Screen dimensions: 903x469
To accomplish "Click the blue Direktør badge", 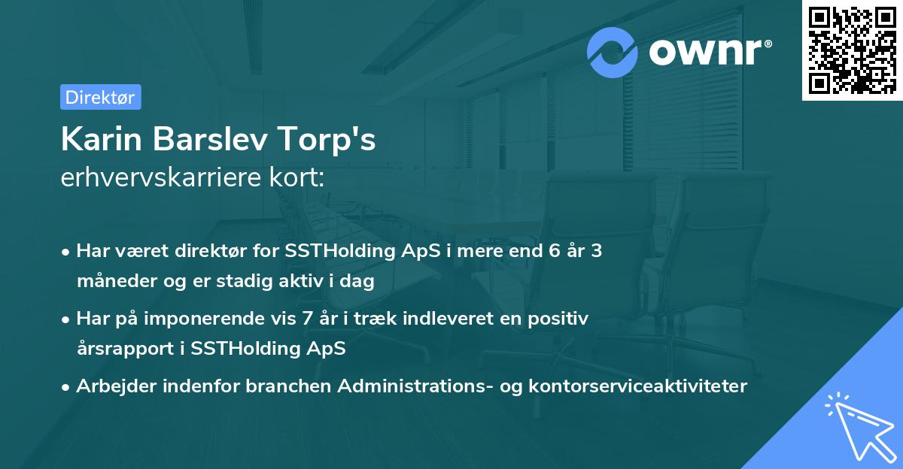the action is (101, 97).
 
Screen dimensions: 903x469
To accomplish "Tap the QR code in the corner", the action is (852, 50).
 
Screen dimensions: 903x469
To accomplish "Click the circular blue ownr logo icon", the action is (612, 53).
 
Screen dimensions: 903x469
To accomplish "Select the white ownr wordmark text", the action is (706, 52).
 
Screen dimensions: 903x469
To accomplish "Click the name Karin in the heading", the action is (101, 139).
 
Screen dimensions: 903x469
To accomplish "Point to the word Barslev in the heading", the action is (210, 139).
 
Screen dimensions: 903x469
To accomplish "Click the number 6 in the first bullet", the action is (555, 251).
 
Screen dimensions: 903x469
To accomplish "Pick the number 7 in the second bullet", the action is (307, 319).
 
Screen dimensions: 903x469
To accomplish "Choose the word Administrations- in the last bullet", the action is (415, 386).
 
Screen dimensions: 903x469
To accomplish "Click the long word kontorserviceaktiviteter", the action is (638, 386).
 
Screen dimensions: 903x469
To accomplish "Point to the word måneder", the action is (117, 280).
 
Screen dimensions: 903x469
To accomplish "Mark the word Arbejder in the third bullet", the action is (117, 386).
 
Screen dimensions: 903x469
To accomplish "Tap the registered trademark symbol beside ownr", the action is (768, 43).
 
